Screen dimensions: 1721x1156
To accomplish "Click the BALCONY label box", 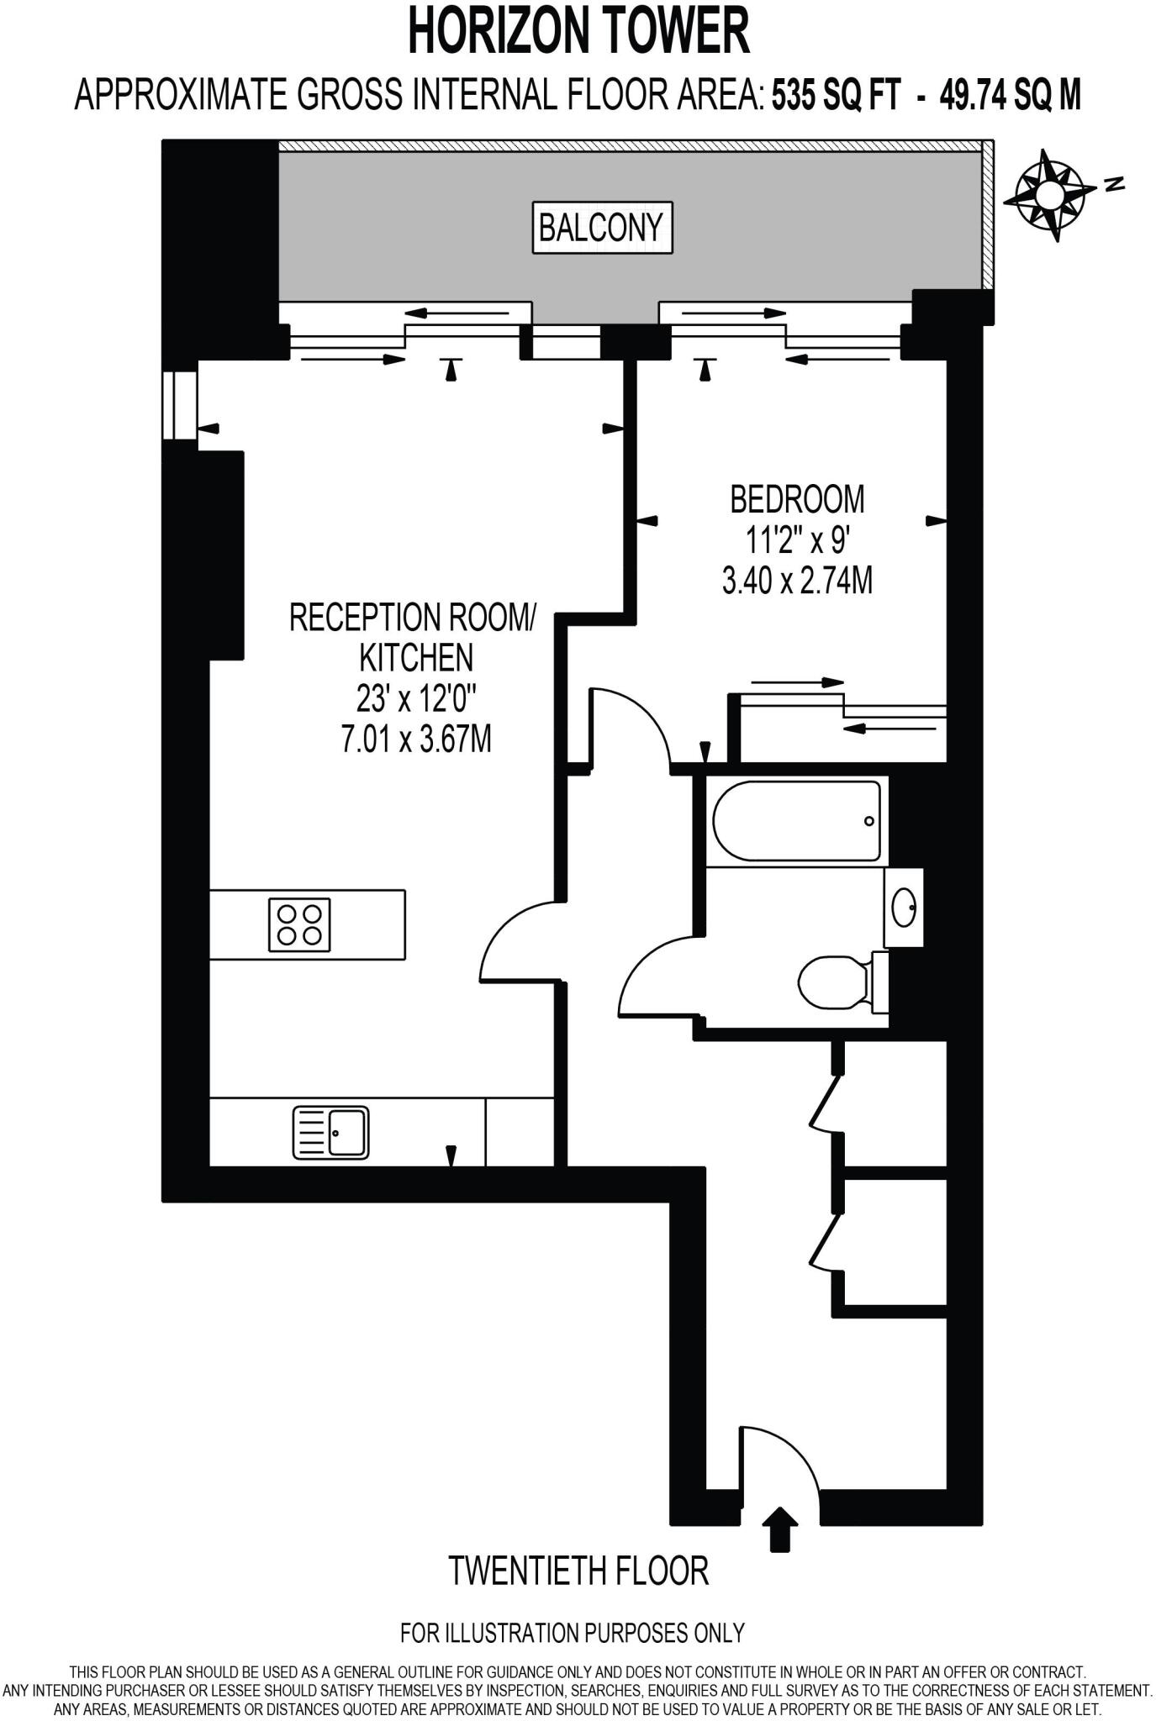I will point(602,227).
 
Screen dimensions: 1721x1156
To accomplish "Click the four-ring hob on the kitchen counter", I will point(299,924).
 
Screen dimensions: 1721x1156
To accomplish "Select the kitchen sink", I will point(331,1133).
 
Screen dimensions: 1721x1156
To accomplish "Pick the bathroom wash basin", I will point(904,908).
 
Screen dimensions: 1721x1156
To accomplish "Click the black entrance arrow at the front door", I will point(780,1528).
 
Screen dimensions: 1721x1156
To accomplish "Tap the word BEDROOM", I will point(796,499).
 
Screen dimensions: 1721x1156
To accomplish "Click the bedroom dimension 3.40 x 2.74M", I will point(796,580).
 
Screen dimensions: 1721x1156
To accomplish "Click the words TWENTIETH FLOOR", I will point(578,1571).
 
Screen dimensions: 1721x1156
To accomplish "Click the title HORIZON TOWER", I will point(578,32).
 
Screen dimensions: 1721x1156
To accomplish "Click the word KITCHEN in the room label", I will point(416,658).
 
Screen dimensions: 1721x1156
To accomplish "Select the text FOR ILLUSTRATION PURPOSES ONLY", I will point(573,1633).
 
